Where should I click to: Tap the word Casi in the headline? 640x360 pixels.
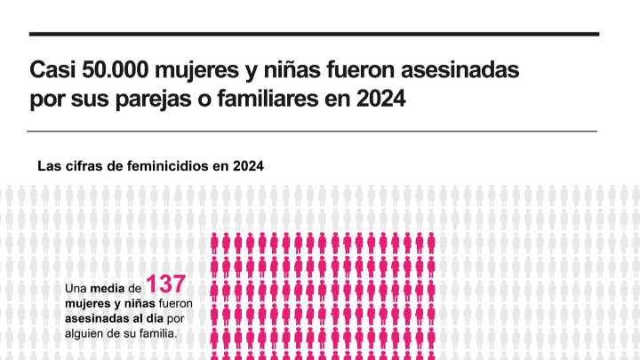click(52, 69)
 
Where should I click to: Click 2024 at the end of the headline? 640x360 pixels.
click(380, 99)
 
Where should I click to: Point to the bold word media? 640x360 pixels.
click(108, 289)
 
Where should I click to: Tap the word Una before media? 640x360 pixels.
click(76, 289)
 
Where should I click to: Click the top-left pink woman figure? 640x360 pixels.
click(215, 241)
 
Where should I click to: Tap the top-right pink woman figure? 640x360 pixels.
click(430, 241)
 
